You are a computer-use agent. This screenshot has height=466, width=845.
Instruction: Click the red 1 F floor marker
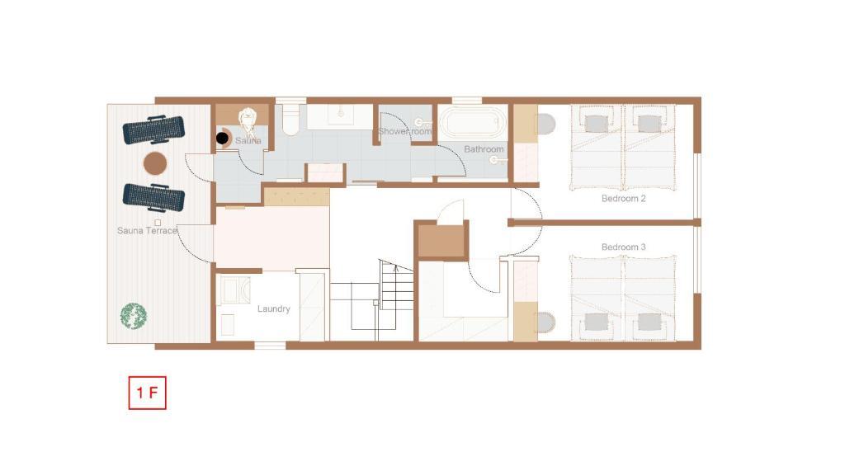tap(147, 393)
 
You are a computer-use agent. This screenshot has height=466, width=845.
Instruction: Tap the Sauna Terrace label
tap(147, 231)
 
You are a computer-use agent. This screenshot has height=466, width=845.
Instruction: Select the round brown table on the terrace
tap(155, 164)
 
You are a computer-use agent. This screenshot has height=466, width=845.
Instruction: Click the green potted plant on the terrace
tap(134, 316)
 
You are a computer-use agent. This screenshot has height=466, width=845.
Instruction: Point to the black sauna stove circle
tap(222, 139)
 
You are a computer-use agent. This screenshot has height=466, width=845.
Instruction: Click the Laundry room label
tap(274, 308)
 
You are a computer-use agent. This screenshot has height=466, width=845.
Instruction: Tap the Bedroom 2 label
tap(624, 198)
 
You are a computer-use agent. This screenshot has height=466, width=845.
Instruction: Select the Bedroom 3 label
tap(624, 247)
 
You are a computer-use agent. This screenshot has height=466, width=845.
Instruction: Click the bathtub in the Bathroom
tap(473, 123)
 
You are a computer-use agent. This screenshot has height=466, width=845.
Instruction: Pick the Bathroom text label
tap(484, 149)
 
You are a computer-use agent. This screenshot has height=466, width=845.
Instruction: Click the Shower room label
tap(404, 131)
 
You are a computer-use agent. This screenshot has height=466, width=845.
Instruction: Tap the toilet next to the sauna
tap(290, 119)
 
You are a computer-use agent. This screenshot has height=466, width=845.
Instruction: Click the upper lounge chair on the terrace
tap(153, 129)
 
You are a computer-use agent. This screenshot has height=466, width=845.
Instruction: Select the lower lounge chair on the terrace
tap(153, 197)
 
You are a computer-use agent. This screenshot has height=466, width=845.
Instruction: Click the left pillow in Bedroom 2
tap(596, 124)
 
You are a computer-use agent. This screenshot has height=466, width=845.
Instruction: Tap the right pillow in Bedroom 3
tap(649, 322)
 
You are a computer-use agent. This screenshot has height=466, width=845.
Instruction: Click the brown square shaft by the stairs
tap(441, 241)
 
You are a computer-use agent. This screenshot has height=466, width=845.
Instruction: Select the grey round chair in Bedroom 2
tap(546, 125)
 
